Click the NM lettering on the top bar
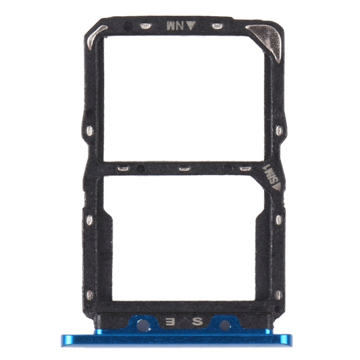point(174,26)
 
